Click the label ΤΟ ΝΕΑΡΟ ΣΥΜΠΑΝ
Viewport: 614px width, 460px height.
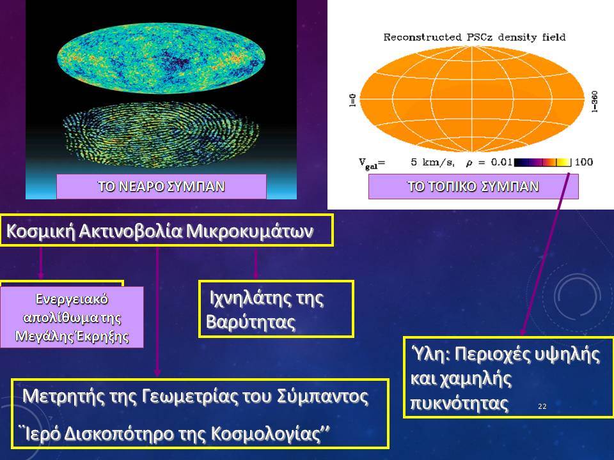(x=161, y=187)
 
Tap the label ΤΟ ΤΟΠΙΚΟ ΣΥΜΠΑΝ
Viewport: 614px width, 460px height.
(x=473, y=187)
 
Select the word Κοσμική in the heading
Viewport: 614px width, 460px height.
(x=40, y=231)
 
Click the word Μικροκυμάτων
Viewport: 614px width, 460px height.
(x=249, y=231)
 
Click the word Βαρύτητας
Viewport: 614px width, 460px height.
(x=251, y=322)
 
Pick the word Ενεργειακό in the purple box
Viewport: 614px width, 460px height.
(x=72, y=299)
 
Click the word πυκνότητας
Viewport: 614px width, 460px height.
(x=459, y=403)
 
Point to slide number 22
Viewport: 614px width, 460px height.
(x=542, y=406)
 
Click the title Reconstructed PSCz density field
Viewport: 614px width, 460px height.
(x=474, y=38)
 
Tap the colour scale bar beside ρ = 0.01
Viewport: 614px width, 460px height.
(x=543, y=162)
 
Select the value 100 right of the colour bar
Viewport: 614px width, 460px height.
(x=583, y=162)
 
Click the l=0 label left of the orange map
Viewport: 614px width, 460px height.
(x=352, y=100)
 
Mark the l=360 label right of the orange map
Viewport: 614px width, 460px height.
(x=594, y=102)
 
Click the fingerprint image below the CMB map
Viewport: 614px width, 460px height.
(x=162, y=134)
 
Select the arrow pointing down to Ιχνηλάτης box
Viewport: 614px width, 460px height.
(x=256, y=264)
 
